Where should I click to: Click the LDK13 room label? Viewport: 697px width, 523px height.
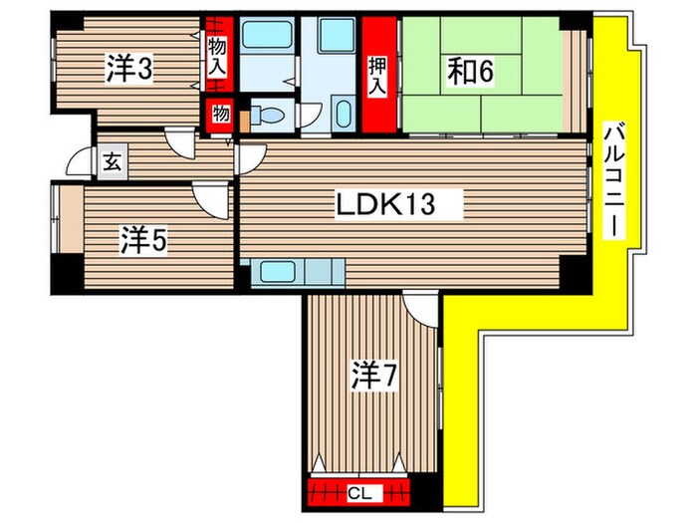pos(385,205)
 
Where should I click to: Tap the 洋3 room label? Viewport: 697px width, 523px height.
pos(129,69)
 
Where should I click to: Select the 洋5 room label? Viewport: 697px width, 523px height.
pos(143,240)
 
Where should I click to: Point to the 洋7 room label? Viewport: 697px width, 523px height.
pos(374,376)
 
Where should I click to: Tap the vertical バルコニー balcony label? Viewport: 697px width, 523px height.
pos(614,180)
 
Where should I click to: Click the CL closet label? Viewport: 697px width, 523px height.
pos(359,493)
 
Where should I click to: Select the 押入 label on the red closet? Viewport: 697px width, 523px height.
pos(377,76)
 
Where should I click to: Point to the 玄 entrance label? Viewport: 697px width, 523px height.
pos(112,162)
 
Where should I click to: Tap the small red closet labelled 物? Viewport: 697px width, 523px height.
pos(220,116)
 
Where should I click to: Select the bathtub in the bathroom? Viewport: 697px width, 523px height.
pos(267,35)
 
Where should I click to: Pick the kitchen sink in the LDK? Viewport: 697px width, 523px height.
pos(278,272)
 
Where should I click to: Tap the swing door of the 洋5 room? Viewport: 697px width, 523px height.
pos(211,200)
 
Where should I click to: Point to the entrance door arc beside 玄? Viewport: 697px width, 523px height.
pos(79,160)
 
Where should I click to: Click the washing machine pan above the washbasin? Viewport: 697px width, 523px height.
pos(337,35)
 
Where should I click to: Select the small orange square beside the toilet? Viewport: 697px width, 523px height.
pos(245,121)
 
